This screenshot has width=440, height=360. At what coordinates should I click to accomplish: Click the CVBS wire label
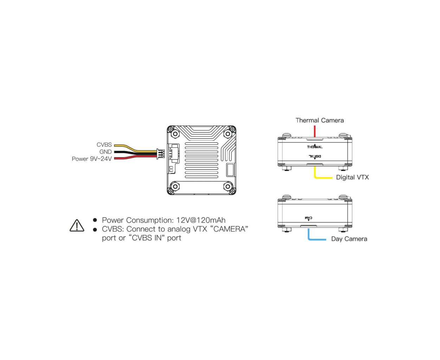pos(104,144)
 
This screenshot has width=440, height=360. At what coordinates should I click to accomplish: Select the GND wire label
pos(105,152)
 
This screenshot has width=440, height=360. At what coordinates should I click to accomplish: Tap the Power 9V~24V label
pos(92,159)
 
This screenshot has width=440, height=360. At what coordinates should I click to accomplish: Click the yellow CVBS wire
pos(136,148)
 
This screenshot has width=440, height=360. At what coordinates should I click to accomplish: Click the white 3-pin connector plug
pos(161,154)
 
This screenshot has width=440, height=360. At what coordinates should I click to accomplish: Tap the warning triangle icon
pos(77,225)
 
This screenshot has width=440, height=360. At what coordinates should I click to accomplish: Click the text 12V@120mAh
pos(201,220)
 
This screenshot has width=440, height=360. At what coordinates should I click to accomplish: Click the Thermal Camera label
pos(319,121)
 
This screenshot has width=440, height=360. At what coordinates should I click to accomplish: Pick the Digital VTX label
pos(352,178)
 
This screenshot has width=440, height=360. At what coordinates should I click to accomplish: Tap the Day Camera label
pos(349,239)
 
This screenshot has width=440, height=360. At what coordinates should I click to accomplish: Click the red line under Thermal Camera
pos(315,131)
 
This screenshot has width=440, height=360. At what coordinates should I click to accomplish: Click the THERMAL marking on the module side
pos(315,147)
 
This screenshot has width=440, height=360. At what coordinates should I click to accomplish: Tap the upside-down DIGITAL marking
pos(315,156)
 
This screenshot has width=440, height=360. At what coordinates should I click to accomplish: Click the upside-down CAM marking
pos(309,218)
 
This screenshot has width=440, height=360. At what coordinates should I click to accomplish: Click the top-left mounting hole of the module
pos(175,134)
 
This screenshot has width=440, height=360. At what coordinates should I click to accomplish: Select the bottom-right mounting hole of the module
pos(228,186)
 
